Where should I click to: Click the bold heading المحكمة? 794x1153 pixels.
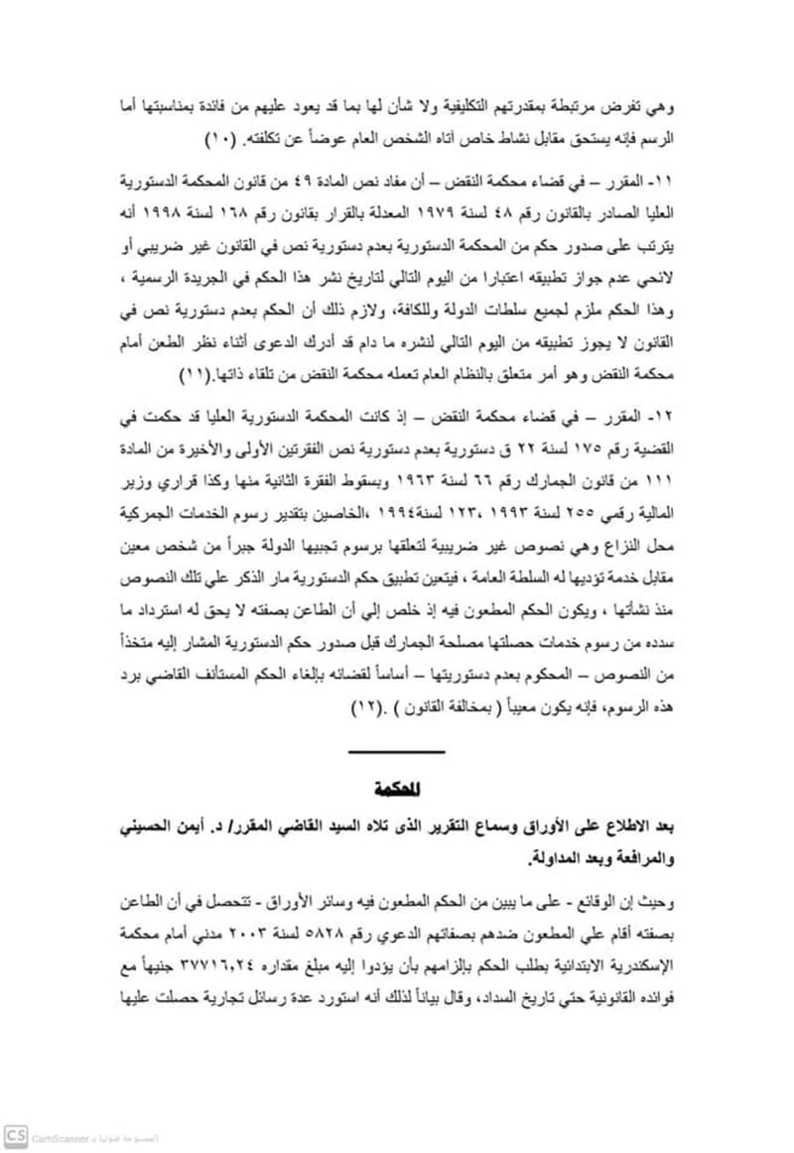pyautogui.click(x=396, y=790)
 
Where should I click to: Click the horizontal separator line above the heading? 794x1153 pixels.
pyautogui.click(x=396, y=751)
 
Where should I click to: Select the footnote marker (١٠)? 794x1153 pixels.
pyautogui.click(x=217, y=134)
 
